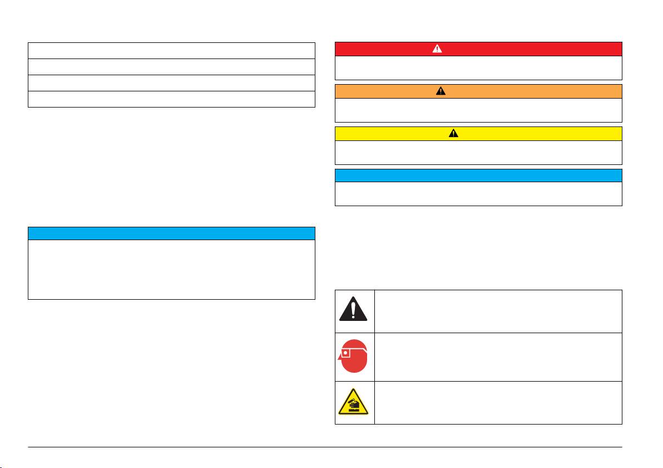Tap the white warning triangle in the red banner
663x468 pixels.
(437, 48)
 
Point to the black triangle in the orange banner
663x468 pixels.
(441, 91)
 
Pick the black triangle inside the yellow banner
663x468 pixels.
(453, 134)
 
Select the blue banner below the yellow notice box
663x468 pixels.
(478, 175)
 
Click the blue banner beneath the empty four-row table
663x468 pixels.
(171, 233)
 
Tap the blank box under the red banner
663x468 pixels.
(478, 67)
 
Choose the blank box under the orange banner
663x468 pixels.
(478, 110)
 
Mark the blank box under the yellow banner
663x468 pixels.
(478, 153)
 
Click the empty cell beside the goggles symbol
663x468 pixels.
(498, 357)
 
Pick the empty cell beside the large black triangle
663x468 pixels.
(498, 311)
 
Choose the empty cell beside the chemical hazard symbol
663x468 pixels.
(498, 402)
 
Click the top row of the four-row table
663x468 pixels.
(171, 50)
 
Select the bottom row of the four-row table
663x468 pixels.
(171, 99)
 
